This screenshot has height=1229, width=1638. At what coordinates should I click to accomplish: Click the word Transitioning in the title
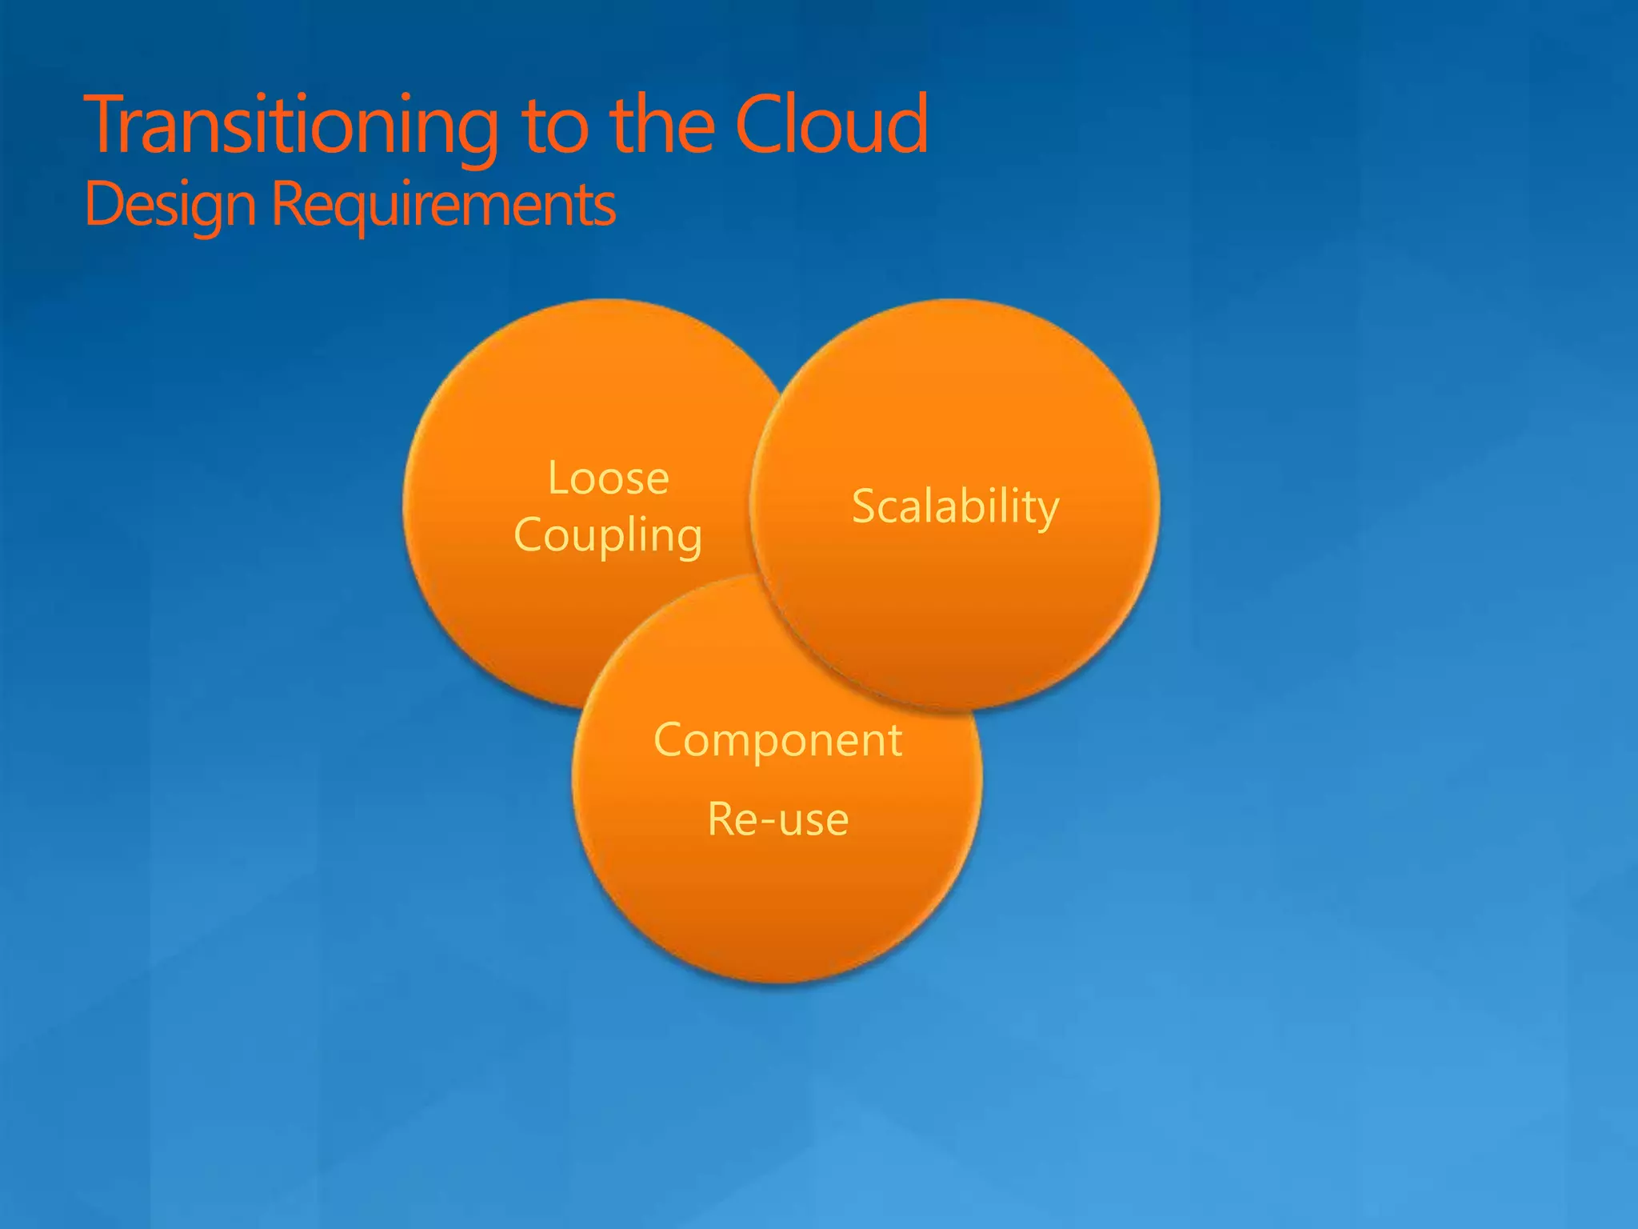292,126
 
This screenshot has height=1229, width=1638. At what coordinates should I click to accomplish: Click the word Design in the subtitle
170,205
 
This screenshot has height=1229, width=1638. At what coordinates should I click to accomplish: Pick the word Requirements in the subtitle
444,205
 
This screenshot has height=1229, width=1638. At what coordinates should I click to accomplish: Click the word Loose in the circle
608,478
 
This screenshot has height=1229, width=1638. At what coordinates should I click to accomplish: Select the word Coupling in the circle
608,534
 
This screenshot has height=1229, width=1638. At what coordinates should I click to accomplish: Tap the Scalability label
955,506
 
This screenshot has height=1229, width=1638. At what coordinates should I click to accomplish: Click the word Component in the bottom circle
777,739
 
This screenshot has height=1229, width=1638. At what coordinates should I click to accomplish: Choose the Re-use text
777,819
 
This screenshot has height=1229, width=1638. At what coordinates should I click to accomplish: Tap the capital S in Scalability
865,506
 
